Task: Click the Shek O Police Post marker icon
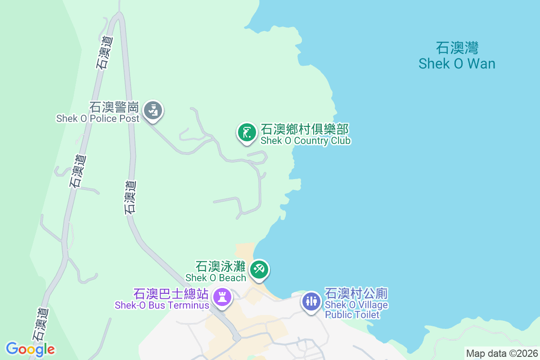[x=153, y=110]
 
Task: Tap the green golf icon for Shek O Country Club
[x=247, y=132]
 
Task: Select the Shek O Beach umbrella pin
[x=260, y=270]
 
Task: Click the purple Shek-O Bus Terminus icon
[x=222, y=297]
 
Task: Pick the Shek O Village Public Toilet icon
[x=311, y=301]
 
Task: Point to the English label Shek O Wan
[x=457, y=64]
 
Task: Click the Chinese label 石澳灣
[x=457, y=48]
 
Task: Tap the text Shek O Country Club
[x=306, y=141]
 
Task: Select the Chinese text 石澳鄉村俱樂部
[x=305, y=130]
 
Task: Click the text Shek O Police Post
[x=98, y=119]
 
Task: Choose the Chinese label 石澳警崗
[x=114, y=107]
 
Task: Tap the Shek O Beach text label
[x=216, y=278]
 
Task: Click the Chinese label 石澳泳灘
[x=220, y=266]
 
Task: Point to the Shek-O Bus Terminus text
[x=162, y=305]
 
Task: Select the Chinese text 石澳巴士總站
[x=171, y=294]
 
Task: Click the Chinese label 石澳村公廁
[x=356, y=294]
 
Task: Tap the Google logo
[x=30, y=349]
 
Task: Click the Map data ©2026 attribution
[x=502, y=353]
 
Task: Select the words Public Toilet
[x=352, y=315]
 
